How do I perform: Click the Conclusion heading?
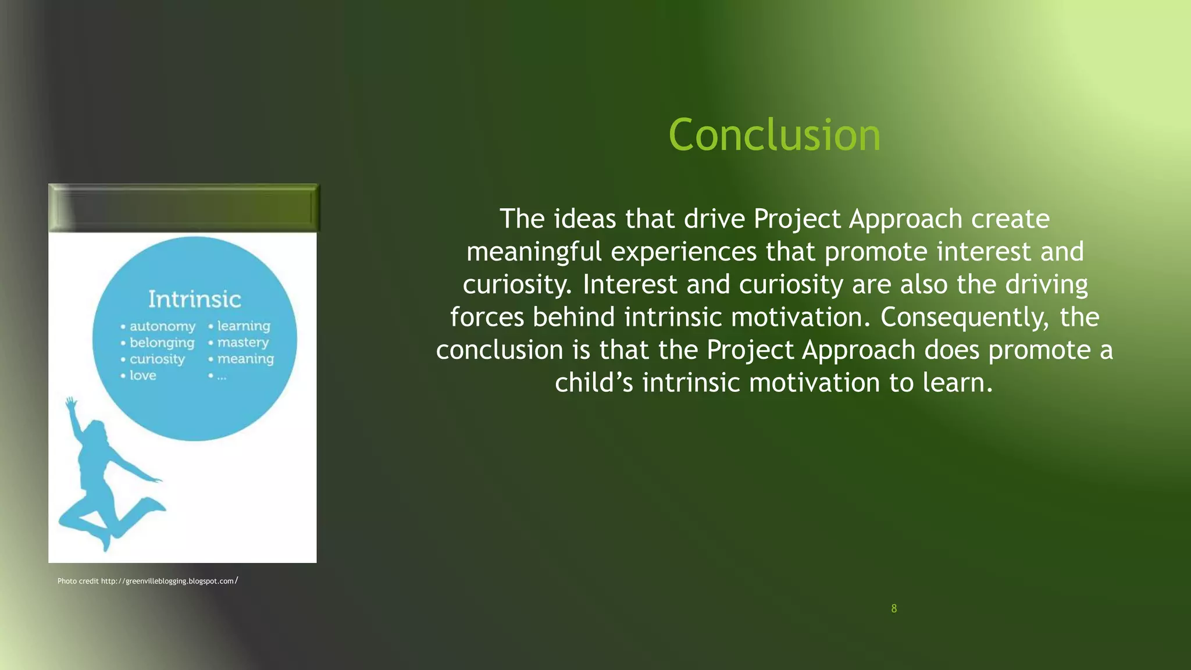pyautogui.click(x=774, y=135)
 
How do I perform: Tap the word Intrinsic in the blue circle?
pyautogui.click(x=194, y=299)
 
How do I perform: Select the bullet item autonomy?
pyautogui.click(x=162, y=326)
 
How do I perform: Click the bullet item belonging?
pyautogui.click(x=162, y=343)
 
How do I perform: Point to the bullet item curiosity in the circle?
pyautogui.click(x=157, y=359)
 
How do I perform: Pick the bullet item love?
pyautogui.click(x=143, y=375)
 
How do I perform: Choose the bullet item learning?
pyautogui.click(x=244, y=326)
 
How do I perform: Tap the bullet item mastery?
pyautogui.click(x=243, y=342)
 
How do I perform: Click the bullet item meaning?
pyautogui.click(x=245, y=359)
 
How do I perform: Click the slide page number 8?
pyautogui.click(x=894, y=608)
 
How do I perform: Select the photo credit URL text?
pyautogui.click(x=168, y=581)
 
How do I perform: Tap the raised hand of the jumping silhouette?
pyautogui.click(x=71, y=403)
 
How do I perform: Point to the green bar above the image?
pyautogui.click(x=183, y=208)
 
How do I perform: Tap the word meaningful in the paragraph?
pyautogui.click(x=534, y=251)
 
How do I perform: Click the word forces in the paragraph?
pyautogui.click(x=487, y=317)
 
